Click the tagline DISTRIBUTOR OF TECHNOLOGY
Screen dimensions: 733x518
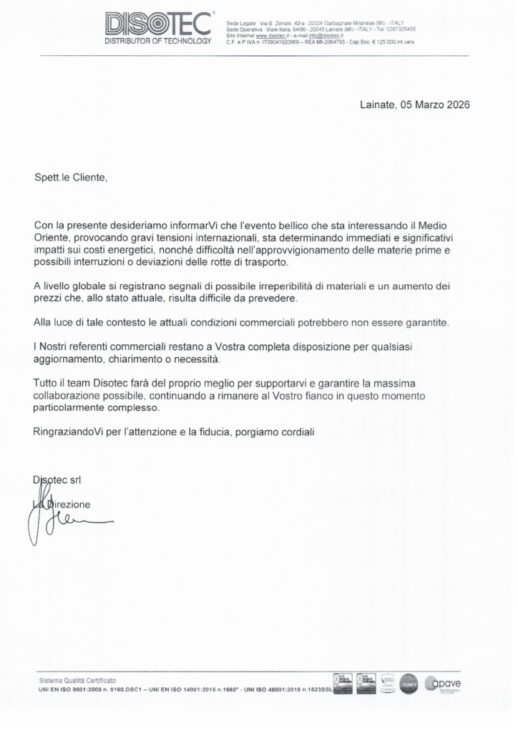pyautogui.click(x=158, y=42)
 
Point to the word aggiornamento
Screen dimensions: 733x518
pyautogui.click(x=68, y=359)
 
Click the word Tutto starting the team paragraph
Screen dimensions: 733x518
pyautogui.click(x=46, y=384)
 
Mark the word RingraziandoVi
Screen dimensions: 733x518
pyautogui.click(x=69, y=432)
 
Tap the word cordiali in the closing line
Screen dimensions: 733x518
pyautogui.click(x=294, y=432)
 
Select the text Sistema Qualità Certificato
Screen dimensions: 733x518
pyautogui.click(x=78, y=679)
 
